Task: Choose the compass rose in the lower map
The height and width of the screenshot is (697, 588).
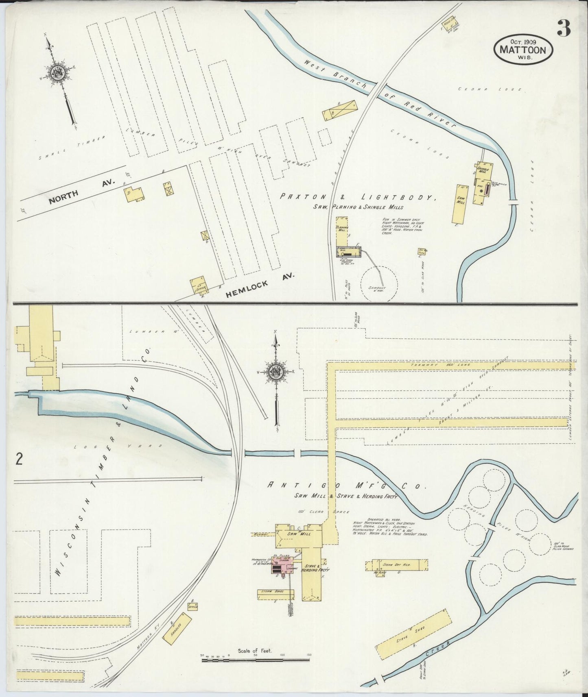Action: [x=277, y=371]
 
